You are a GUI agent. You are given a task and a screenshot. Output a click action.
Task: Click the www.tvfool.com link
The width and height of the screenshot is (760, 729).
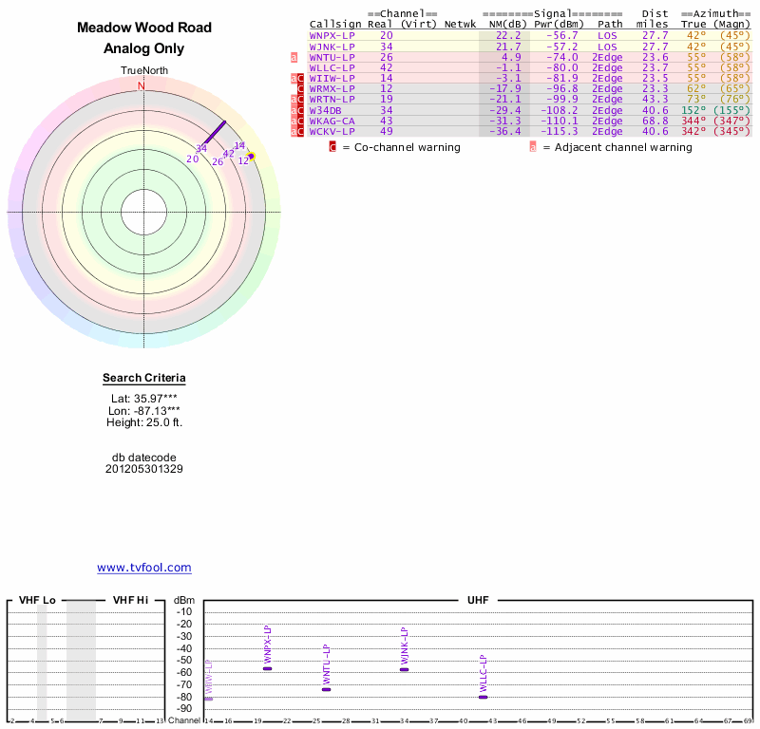(x=144, y=568)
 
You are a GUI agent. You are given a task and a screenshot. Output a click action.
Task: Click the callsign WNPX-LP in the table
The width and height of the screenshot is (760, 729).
(x=332, y=35)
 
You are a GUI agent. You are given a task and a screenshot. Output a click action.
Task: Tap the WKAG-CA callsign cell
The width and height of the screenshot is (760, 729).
(x=332, y=121)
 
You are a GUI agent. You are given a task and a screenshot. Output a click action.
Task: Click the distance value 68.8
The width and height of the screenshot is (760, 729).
(x=655, y=121)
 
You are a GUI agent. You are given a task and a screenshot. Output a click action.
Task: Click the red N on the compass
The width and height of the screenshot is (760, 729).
(x=142, y=85)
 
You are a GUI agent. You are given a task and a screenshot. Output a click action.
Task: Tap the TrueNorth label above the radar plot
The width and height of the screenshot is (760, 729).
(x=144, y=71)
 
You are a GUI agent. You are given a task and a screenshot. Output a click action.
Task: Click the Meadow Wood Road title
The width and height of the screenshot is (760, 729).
(x=144, y=28)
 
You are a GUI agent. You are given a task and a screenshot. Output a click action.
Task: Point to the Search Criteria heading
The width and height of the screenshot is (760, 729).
(x=144, y=379)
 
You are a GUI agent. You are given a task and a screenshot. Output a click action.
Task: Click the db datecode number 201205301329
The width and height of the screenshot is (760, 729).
(x=144, y=469)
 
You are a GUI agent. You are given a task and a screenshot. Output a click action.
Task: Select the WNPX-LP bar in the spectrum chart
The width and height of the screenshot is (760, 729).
(x=267, y=668)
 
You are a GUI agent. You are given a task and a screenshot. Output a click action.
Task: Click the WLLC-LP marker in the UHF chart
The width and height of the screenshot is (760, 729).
(x=483, y=697)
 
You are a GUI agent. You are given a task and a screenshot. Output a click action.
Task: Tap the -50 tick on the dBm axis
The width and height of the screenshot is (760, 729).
(x=184, y=660)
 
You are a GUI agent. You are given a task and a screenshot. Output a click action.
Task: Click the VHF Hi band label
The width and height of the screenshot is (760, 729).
(x=130, y=600)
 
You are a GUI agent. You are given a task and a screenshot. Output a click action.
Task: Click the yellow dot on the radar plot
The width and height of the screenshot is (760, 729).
(x=251, y=156)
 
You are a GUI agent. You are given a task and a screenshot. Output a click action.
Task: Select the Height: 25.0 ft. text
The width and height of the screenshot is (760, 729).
(x=144, y=422)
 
